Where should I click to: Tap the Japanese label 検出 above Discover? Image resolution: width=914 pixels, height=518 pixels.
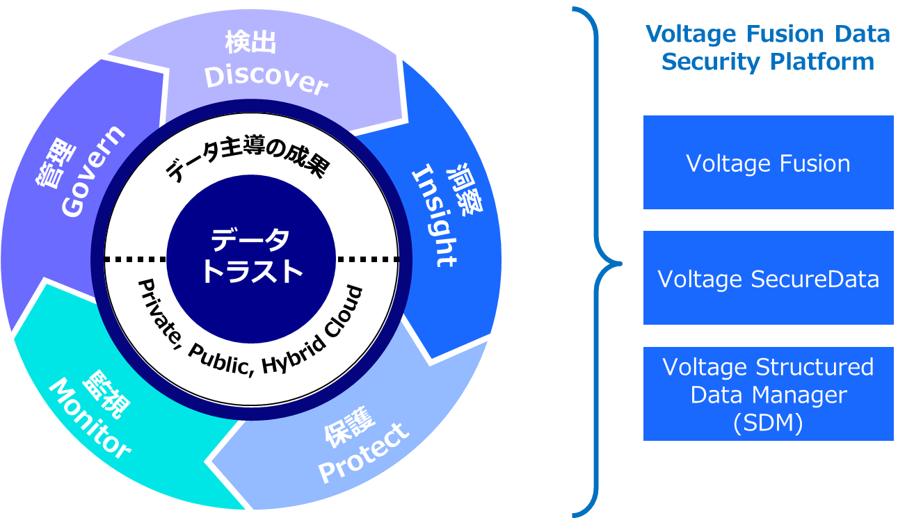251,43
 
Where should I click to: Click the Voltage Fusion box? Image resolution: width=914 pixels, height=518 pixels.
768,163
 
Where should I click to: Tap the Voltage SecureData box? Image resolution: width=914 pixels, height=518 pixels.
768,278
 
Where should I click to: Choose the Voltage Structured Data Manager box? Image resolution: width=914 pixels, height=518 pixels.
768,394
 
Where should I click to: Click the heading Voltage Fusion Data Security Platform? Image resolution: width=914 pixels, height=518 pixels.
768,48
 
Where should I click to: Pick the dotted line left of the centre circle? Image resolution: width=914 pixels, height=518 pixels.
136,259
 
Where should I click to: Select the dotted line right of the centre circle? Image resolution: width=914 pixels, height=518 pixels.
367,259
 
